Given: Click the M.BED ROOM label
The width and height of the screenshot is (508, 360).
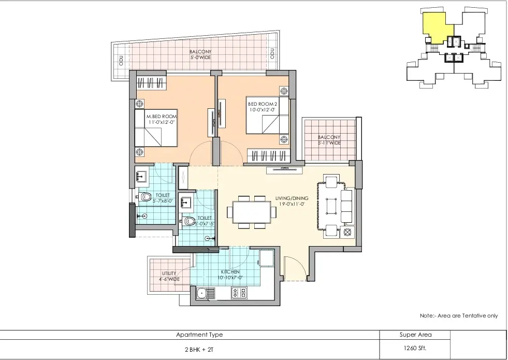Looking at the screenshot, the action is [x=162, y=117].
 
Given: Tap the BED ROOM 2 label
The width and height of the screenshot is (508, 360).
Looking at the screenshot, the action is [x=263, y=104].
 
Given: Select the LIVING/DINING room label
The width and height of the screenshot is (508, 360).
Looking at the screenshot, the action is [x=292, y=198].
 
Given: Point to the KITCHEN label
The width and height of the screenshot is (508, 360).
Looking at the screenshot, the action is [x=230, y=272].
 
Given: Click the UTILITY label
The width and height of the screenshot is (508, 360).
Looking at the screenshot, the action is [x=169, y=273].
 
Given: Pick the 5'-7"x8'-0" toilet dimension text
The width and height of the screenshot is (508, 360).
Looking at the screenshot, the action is [x=163, y=201].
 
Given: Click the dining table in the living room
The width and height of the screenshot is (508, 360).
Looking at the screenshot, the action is [x=252, y=212].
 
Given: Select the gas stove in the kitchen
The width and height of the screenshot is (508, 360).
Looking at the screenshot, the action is [x=239, y=294].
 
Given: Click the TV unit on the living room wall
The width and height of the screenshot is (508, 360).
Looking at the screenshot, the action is [x=284, y=170].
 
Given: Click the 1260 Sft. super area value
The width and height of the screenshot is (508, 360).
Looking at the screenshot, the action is [x=415, y=349].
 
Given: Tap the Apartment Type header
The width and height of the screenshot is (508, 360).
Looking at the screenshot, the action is [x=199, y=335].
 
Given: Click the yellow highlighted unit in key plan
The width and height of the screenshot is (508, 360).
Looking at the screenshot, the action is [x=437, y=26].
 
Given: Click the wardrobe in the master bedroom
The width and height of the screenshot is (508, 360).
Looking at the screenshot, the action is [x=152, y=83].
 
